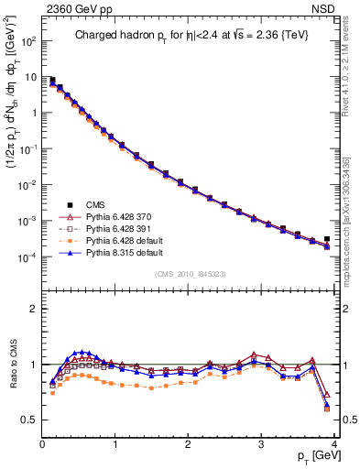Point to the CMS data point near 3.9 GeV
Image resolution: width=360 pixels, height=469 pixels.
(x=327, y=239)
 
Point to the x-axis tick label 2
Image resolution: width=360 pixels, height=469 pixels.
(x=189, y=444)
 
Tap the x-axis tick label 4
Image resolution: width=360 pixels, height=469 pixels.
(x=334, y=444)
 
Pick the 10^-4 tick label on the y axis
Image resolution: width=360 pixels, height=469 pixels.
(x=27, y=257)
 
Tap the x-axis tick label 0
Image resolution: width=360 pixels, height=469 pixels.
(x=42, y=444)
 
